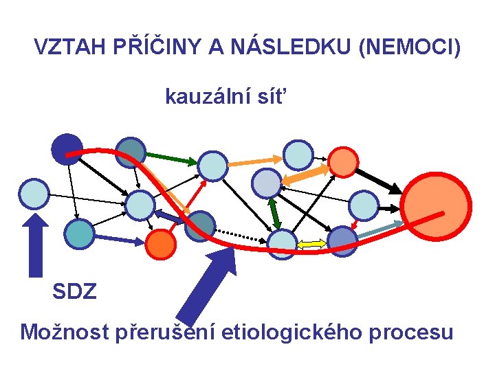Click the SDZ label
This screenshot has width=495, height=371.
tap(75, 292)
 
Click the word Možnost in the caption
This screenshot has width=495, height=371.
tap(62, 333)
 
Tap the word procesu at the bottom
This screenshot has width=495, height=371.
tap(411, 333)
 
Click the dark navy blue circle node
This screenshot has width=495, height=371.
tap(66, 147)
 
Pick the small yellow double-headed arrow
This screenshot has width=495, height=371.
tap(312, 243)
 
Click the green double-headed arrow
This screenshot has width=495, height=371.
tap(274, 212)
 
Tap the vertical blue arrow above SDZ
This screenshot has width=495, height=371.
tap(37, 244)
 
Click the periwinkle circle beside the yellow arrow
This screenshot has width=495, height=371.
tap(342, 241)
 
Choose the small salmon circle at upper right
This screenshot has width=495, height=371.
tap(342, 162)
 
